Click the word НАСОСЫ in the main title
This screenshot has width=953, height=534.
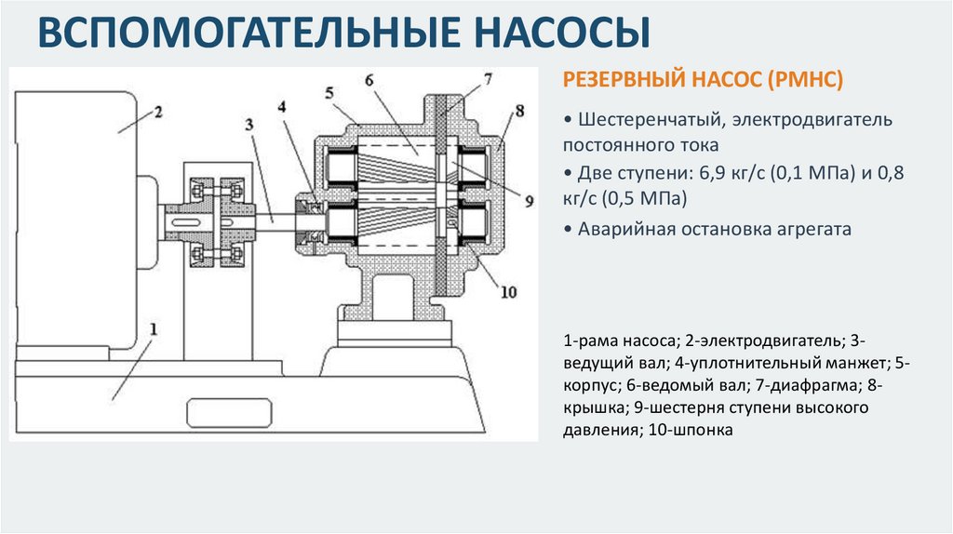coord(561,32)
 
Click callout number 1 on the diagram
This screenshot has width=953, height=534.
coord(154,329)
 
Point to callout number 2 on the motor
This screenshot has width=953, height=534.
coord(158,112)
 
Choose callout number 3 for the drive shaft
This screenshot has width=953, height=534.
coord(249,125)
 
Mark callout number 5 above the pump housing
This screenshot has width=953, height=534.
coord(329,93)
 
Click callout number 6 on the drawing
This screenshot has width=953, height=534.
coord(369,80)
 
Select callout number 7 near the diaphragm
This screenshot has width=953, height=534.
coord(488,79)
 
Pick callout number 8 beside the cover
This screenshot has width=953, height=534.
coord(519,112)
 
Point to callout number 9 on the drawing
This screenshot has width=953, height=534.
coord(529,201)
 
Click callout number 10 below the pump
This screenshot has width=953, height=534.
coord(508,292)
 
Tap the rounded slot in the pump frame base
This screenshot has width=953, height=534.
coord(229,413)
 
